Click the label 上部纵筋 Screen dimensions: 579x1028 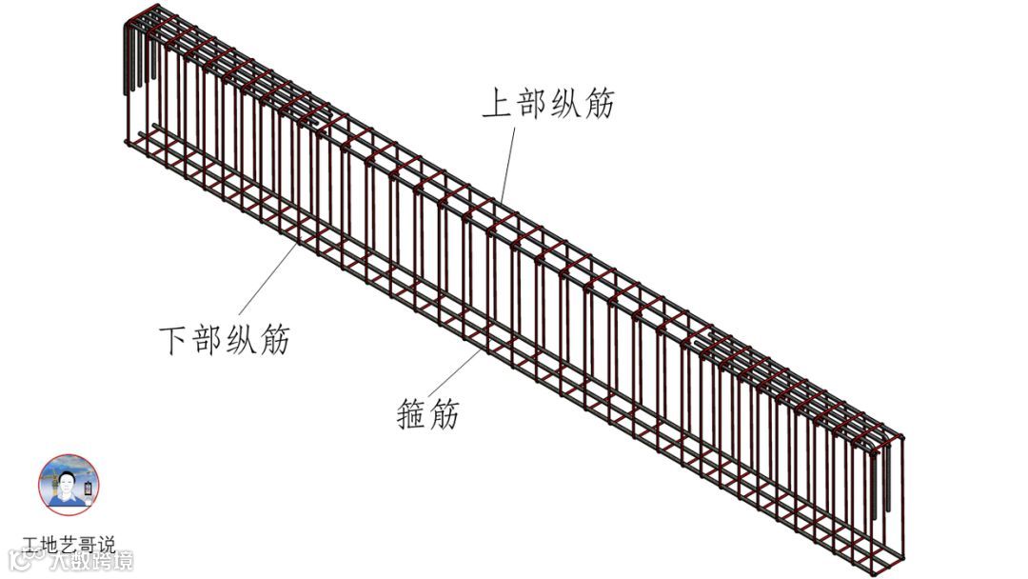[547, 103]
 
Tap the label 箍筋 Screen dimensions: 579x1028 [427, 414]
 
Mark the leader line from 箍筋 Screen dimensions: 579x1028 [457, 371]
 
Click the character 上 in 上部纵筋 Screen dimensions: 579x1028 [497, 103]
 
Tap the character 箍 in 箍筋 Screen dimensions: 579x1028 [411, 414]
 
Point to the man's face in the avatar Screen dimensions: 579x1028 [66, 482]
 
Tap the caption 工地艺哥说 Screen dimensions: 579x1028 [69, 546]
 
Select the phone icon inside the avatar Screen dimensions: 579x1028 [88, 489]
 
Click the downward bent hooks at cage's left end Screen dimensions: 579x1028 [134, 62]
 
